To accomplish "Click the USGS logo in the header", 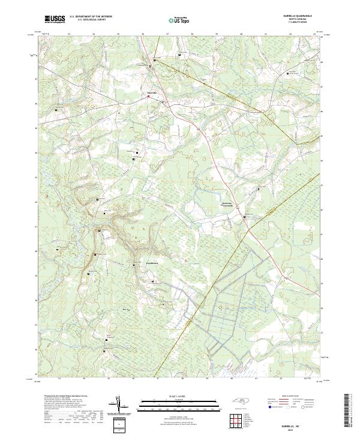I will [55, 20].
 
